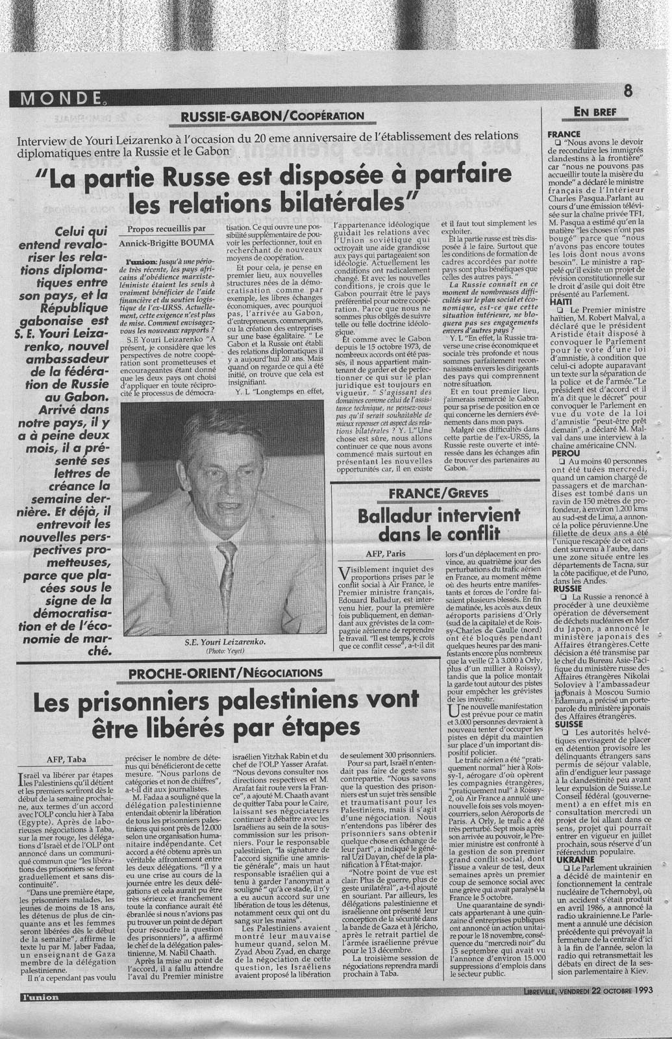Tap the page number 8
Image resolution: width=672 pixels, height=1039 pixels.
[628, 90]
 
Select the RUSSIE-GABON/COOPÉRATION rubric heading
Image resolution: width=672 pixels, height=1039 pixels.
[272, 116]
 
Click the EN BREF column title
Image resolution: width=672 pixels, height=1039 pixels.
[595, 112]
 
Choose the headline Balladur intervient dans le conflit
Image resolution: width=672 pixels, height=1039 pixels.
[430, 525]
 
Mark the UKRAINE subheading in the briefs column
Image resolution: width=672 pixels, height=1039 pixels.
[567, 859]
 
